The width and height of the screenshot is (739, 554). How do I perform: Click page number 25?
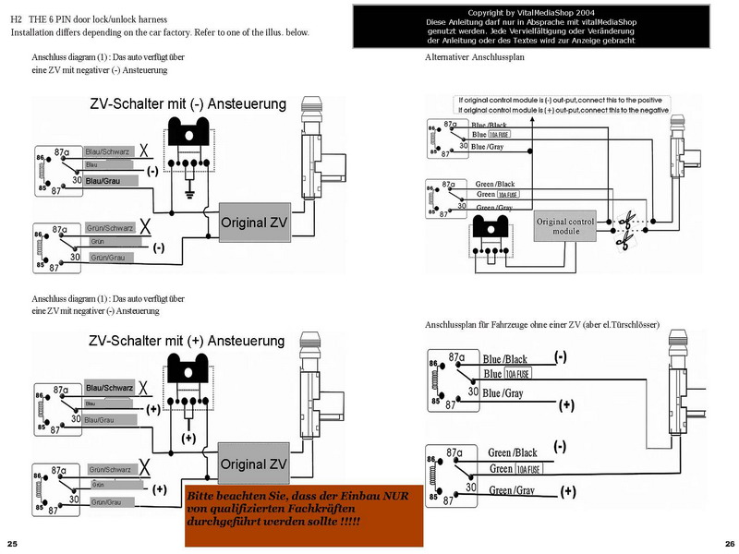point(11,542)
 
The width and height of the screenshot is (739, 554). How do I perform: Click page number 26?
point(729,542)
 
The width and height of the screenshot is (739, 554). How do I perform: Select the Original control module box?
point(566,225)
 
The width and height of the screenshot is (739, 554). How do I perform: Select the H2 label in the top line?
point(17,19)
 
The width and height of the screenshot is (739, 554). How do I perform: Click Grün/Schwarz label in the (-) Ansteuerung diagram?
point(110,227)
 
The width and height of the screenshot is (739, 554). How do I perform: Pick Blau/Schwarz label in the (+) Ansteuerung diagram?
point(109,387)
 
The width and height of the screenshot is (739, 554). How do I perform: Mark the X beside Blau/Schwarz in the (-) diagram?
point(144,150)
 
